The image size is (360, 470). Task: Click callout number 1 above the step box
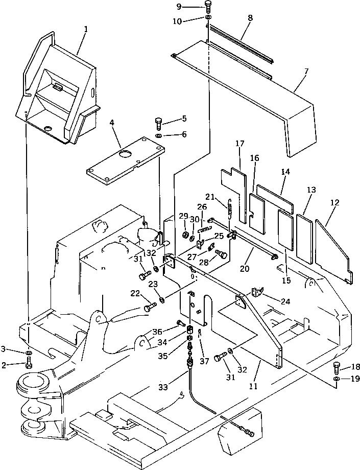86,29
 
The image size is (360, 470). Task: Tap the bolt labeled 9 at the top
208,7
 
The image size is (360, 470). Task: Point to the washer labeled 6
159,136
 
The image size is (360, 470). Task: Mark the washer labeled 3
29,353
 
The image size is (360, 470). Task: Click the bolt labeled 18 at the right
337,365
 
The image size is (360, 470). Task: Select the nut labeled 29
183,236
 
